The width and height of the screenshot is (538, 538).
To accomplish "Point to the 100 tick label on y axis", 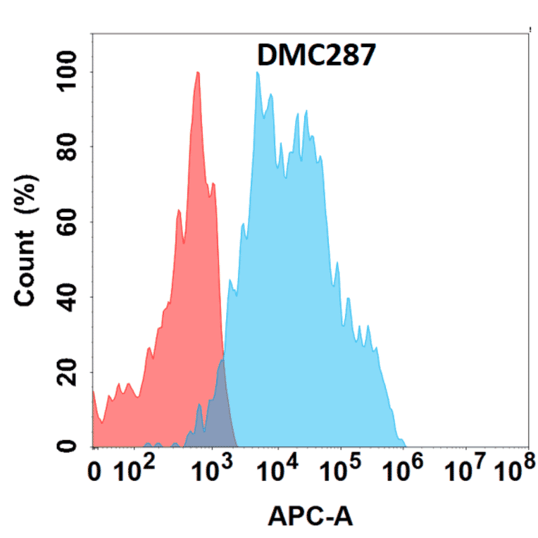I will point(67,73).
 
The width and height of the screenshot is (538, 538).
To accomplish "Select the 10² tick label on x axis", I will point(135,470).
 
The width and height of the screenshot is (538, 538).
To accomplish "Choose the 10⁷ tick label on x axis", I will point(466,470).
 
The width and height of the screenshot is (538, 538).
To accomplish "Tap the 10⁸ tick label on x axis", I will point(513,470).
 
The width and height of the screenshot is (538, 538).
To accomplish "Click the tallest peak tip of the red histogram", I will point(198,73).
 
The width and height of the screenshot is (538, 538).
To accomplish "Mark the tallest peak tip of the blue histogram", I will point(258,73).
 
